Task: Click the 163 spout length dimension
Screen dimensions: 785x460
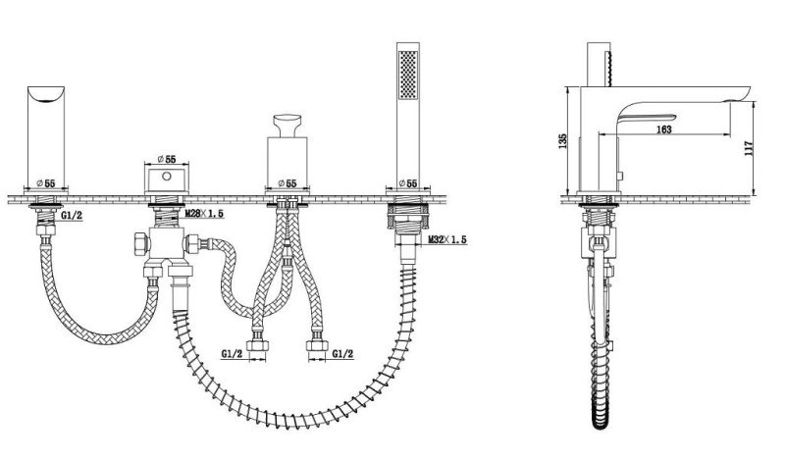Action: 663,129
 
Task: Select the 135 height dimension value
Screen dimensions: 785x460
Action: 562,140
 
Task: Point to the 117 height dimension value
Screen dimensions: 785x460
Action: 749,148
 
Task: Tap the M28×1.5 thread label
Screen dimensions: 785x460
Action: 204,214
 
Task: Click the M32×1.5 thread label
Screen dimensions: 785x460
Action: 447,239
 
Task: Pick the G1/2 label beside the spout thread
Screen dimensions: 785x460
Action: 72,215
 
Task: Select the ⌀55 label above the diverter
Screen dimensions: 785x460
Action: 167,159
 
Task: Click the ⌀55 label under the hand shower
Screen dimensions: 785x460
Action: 408,183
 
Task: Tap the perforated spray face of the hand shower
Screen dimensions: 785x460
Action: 408,75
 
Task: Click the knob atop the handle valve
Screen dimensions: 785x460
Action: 288,126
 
